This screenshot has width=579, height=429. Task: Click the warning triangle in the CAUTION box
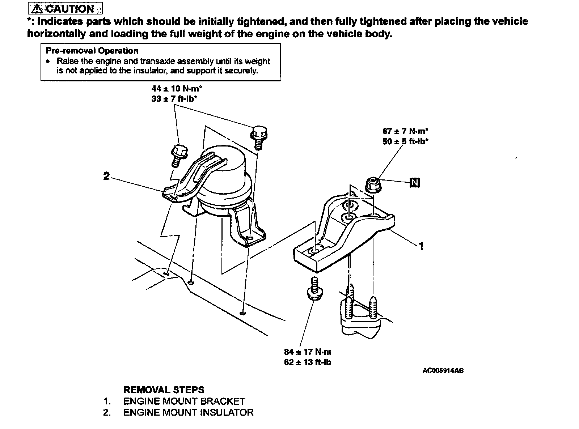37,8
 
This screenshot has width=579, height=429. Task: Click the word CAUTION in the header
70,8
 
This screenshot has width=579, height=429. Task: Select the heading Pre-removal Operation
92,51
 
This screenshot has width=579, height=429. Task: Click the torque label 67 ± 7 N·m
405,131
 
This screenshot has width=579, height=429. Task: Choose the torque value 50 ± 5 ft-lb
405,141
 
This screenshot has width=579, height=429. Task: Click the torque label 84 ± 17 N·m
308,352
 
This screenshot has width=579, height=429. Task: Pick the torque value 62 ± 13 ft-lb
308,362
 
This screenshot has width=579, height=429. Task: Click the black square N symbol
414,183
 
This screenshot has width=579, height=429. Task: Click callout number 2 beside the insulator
106,176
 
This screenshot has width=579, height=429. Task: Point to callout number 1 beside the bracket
421,246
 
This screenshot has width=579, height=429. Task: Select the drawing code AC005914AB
443,370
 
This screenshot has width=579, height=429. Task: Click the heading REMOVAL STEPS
164,390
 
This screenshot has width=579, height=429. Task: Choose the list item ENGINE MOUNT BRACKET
184,401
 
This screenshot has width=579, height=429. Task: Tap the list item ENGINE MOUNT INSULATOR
188,412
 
